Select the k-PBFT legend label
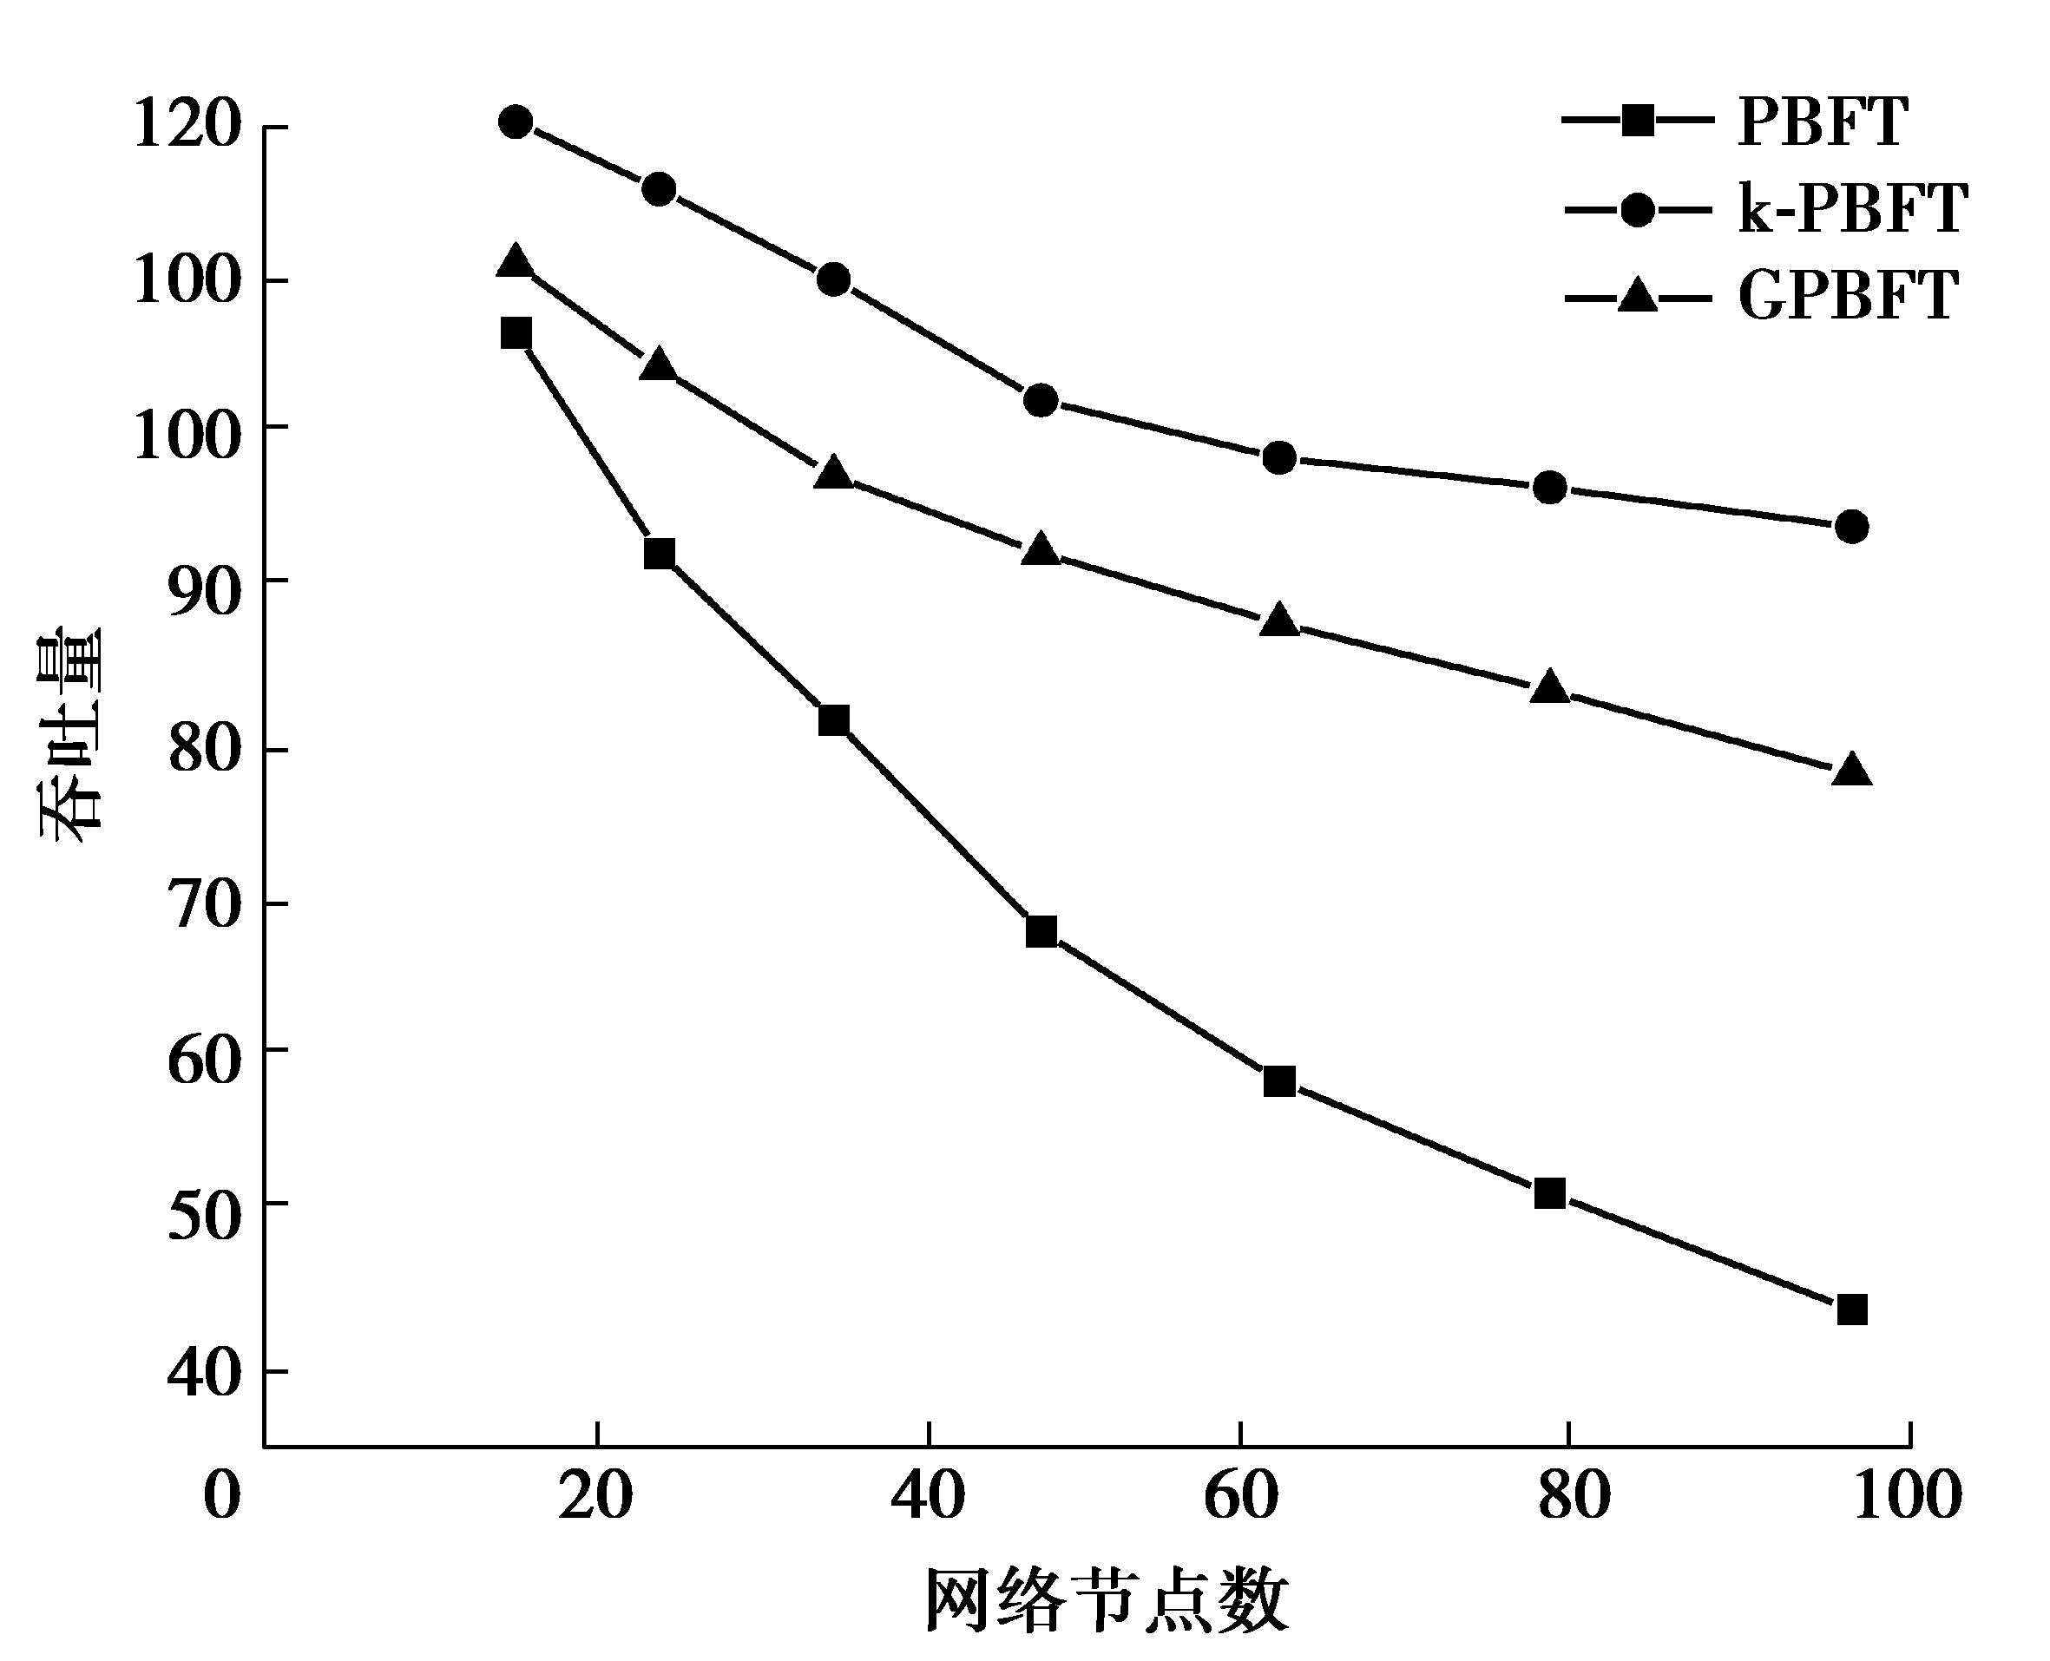click(x=1852, y=208)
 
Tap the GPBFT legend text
click(x=1848, y=297)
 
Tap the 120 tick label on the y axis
click(x=185, y=125)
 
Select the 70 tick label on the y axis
click(x=202, y=904)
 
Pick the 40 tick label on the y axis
click(x=202, y=1373)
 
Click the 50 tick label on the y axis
click(x=202, y=1217)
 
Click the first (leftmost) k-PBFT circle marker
click(x=516, y=121)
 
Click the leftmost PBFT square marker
click(x=516, y=333)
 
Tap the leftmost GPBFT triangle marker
click(x=516, y=261)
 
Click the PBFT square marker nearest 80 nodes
click(x=1549, y=1194)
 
